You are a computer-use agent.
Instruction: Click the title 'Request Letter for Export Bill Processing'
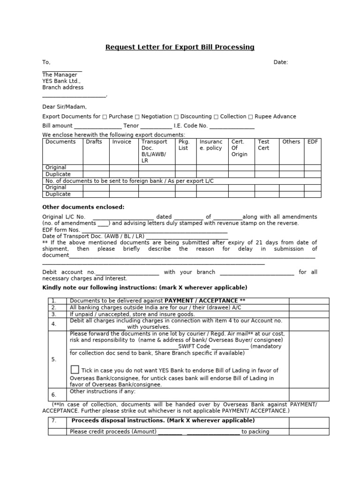click(x=180, y=47)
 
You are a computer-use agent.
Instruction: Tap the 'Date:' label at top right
click(x=281, y=62)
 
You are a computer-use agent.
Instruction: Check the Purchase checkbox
click(x=105, y=117)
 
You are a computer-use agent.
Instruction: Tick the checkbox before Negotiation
click(x=137, y=117)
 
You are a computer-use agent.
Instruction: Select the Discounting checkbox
click(x=176, y=117)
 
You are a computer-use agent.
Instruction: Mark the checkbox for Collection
click(x=216, y=117)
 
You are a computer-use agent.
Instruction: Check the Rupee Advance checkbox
click(x=250, y=117)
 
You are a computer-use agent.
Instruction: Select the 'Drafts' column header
click(x=94, y=142)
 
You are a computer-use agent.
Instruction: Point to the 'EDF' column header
click(x=312, y=142)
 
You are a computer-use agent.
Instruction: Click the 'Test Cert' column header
click(x=264, y=145)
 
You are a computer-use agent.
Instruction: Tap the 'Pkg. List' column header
click(x=183, y=145)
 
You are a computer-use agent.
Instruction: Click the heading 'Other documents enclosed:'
click(x=83, y=207)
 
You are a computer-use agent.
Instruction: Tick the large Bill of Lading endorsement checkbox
click(x=75, y=369)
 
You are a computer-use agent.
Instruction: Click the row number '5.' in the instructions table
click(x=54, y=360)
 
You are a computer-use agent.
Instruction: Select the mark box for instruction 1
click(x=309, y=301)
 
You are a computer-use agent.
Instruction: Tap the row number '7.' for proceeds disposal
click(x=54, y=421)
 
